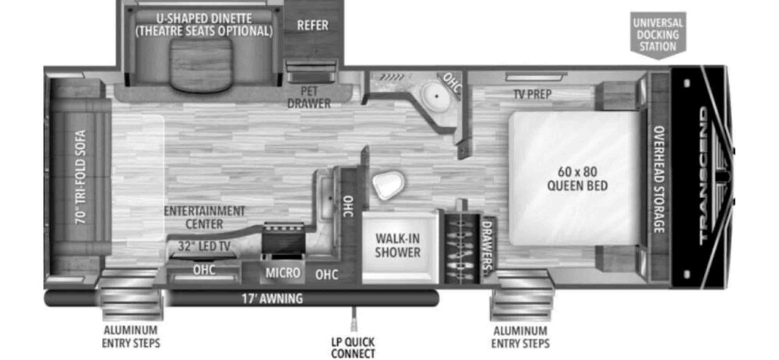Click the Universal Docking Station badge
point(657,34)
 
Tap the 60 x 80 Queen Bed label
point(576,178)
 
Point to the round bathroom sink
point(435,95)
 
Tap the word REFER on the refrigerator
point(312,25)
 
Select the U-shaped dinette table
point(201,65)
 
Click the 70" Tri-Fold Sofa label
point(80,177)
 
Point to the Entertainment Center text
point(204,217)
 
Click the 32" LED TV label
point(203,246)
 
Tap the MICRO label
point(282,273)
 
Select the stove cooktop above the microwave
point(283,238)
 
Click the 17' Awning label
point(272,298)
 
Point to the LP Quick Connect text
point(353,348)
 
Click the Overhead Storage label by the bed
point(659,179)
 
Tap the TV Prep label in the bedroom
point(532,94)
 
